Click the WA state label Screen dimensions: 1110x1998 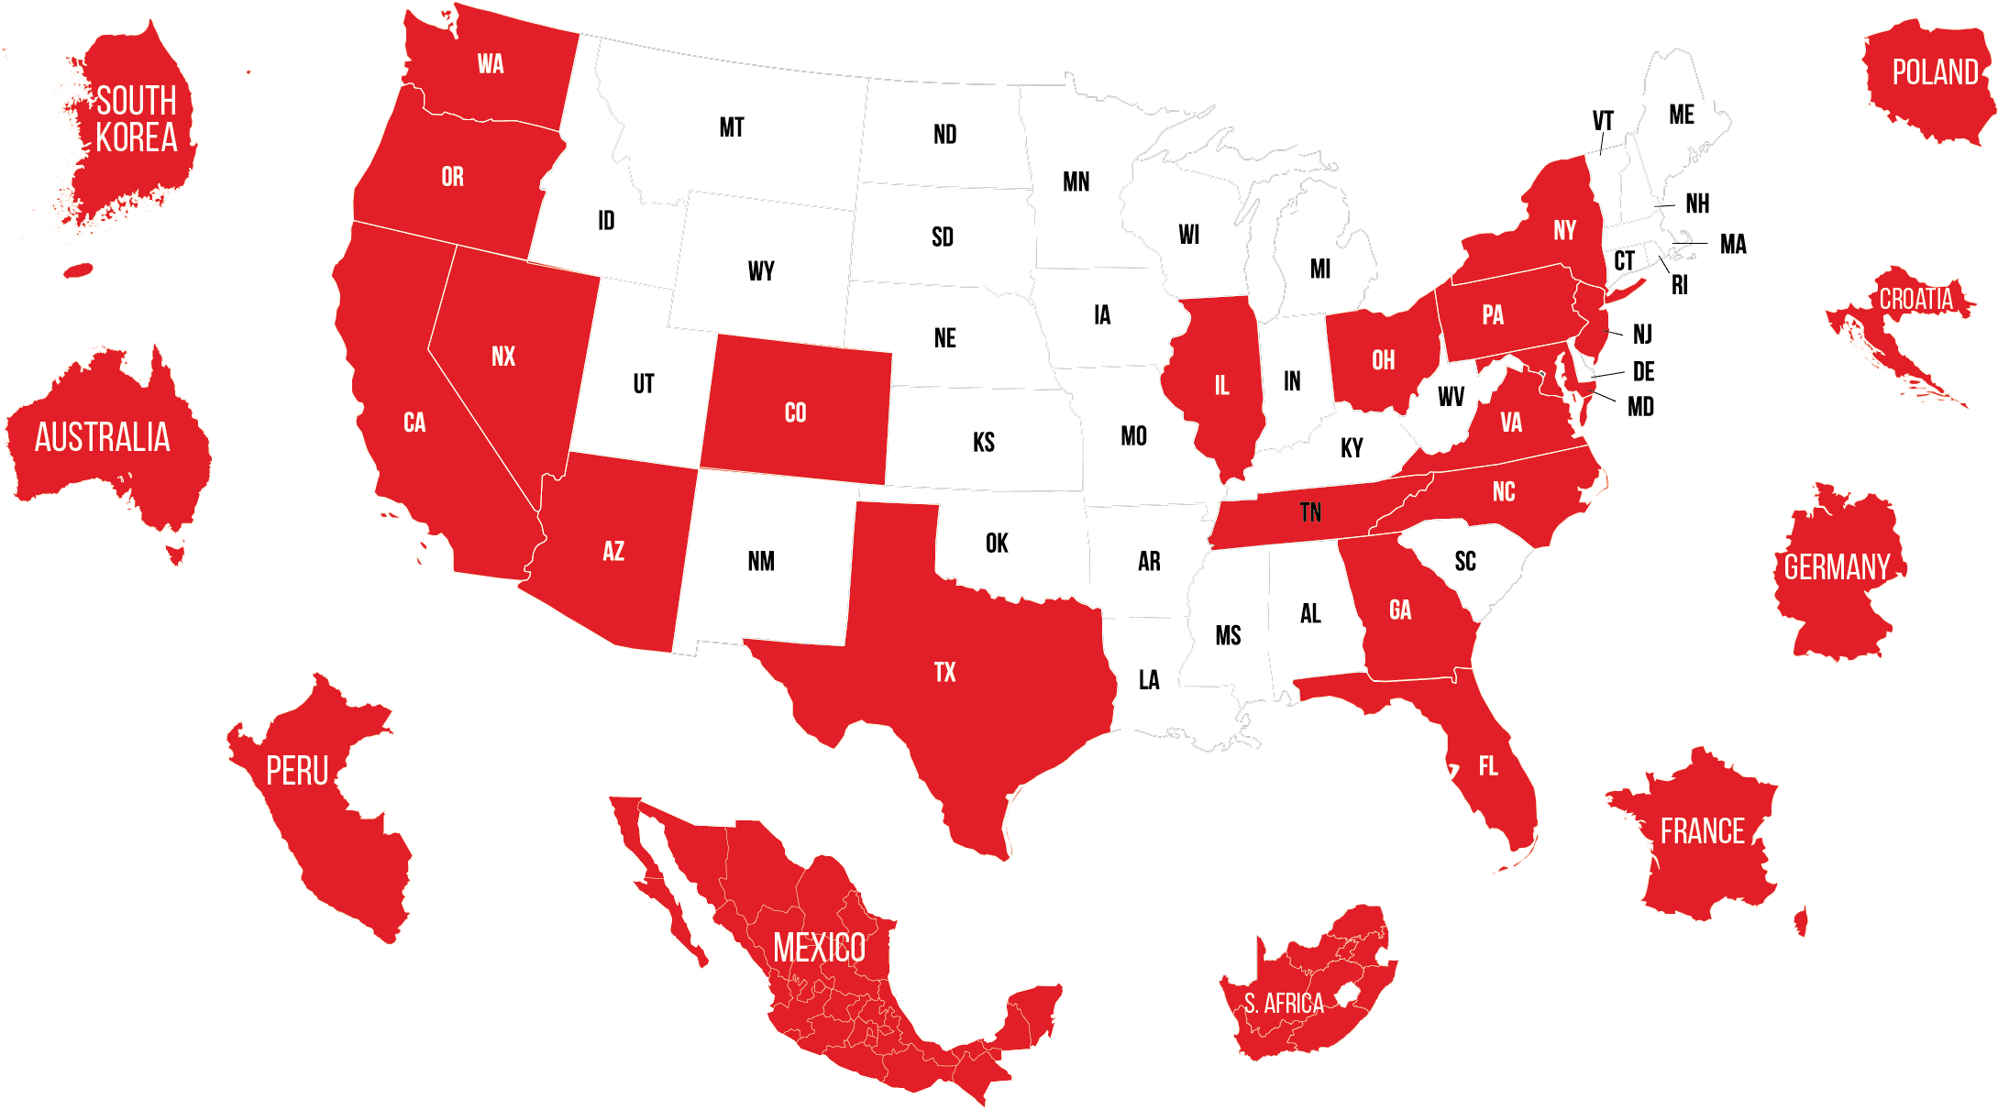pos(491,64)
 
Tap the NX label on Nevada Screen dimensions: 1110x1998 pos(503,357)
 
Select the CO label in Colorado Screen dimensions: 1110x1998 pos(795,413)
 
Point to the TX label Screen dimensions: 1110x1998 pos(944,673)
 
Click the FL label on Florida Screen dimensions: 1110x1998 pos(1487,766)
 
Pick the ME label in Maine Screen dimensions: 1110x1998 pos(1681,115)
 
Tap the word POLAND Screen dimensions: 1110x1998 pos(1935,72)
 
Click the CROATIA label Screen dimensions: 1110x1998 pos(1915,300)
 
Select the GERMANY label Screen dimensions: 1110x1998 pos(1837,568)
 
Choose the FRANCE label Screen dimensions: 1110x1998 pos(1702,831)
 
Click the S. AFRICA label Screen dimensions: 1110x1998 pos(1283,1004)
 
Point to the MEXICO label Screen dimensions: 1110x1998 pos(819,948)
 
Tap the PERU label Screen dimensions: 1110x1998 pos(297,772)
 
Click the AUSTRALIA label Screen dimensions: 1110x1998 pos(103,438)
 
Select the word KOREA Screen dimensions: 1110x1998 pos(137,138)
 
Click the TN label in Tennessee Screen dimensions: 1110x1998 pos(1310,512)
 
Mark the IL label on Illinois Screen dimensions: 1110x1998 pos(1221,386)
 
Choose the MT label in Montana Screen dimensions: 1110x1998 pos(731,127)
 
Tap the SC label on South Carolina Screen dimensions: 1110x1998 pos(1464,561)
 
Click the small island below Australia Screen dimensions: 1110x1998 pos(175,554)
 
